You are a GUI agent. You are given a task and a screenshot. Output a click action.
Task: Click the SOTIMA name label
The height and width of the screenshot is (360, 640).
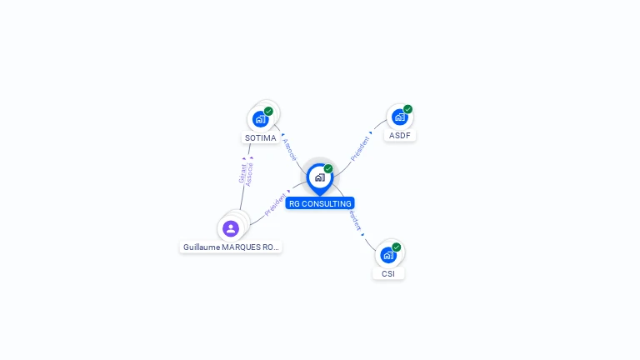tap(261, 137)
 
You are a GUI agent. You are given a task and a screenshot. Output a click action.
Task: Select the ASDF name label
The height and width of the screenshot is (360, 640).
tap(400, 135)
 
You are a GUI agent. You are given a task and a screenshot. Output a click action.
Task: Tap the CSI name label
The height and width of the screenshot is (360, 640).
tap(388, 273)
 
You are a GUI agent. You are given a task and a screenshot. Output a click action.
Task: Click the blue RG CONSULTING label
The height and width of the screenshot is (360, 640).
tap(320, 203)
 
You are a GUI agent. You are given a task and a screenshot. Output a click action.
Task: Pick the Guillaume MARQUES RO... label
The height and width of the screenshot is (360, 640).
tap(231, 247)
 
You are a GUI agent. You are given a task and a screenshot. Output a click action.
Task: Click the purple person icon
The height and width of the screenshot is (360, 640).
tap(231, 228)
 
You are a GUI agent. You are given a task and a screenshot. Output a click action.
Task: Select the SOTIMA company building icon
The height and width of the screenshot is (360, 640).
tap(260, 119)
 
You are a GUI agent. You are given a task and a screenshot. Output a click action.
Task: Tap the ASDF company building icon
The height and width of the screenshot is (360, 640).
tap(399, 117)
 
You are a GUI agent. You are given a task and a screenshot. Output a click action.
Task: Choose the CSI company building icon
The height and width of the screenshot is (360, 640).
tap(387, 255)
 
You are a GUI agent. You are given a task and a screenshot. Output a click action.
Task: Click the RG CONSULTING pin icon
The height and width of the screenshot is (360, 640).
tap(319, 177)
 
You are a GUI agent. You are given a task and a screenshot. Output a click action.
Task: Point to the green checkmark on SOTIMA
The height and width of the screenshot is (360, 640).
tap(268, 111)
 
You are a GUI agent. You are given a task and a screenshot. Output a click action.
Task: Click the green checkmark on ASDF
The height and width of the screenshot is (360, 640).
tap(407, 109)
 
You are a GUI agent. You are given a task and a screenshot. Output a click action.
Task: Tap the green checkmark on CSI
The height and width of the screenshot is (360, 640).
tap(396, 247)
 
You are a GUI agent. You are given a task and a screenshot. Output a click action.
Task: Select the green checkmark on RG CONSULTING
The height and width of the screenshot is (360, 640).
tap(328, 168)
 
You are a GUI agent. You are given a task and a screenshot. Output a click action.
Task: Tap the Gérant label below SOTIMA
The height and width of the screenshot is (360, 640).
tap(242, 172)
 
